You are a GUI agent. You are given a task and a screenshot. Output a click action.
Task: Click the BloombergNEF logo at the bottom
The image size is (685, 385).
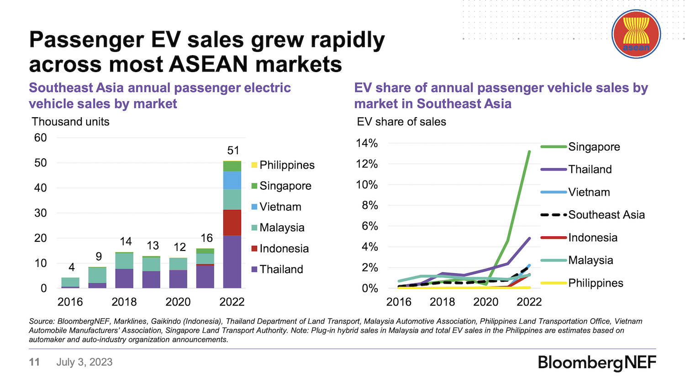point(597,363)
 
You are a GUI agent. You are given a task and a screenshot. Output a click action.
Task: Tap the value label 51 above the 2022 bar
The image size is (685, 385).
point(233,151)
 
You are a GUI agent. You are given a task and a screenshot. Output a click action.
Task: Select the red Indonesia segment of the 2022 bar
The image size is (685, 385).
point(232,222)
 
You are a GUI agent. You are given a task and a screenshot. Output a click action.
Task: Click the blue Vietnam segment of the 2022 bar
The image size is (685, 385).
point(232,180)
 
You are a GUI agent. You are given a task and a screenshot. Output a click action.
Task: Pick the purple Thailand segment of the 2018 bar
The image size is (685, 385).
point(124,278)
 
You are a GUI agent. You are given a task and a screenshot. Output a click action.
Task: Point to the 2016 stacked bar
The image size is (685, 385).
point(70,282)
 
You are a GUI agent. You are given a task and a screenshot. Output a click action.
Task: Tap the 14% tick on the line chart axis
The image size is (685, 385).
point(367,143)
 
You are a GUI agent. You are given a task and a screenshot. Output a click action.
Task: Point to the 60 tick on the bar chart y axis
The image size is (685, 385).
point(41,138)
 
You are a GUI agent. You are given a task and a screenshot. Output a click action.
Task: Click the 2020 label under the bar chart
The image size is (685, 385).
point(178,302)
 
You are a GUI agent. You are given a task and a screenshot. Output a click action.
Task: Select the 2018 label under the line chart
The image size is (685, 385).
point(442,302)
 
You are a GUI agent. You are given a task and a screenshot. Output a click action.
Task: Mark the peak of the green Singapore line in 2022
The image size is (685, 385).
point(529,151)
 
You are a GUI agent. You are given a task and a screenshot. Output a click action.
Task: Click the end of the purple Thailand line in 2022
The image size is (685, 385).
point(529,238)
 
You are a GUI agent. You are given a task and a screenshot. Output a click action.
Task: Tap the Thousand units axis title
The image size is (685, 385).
point(70,122)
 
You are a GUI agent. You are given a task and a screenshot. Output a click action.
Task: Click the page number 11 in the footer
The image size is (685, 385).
point(34,362)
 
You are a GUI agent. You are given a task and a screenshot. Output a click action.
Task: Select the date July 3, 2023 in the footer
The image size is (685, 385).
point(84,362)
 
